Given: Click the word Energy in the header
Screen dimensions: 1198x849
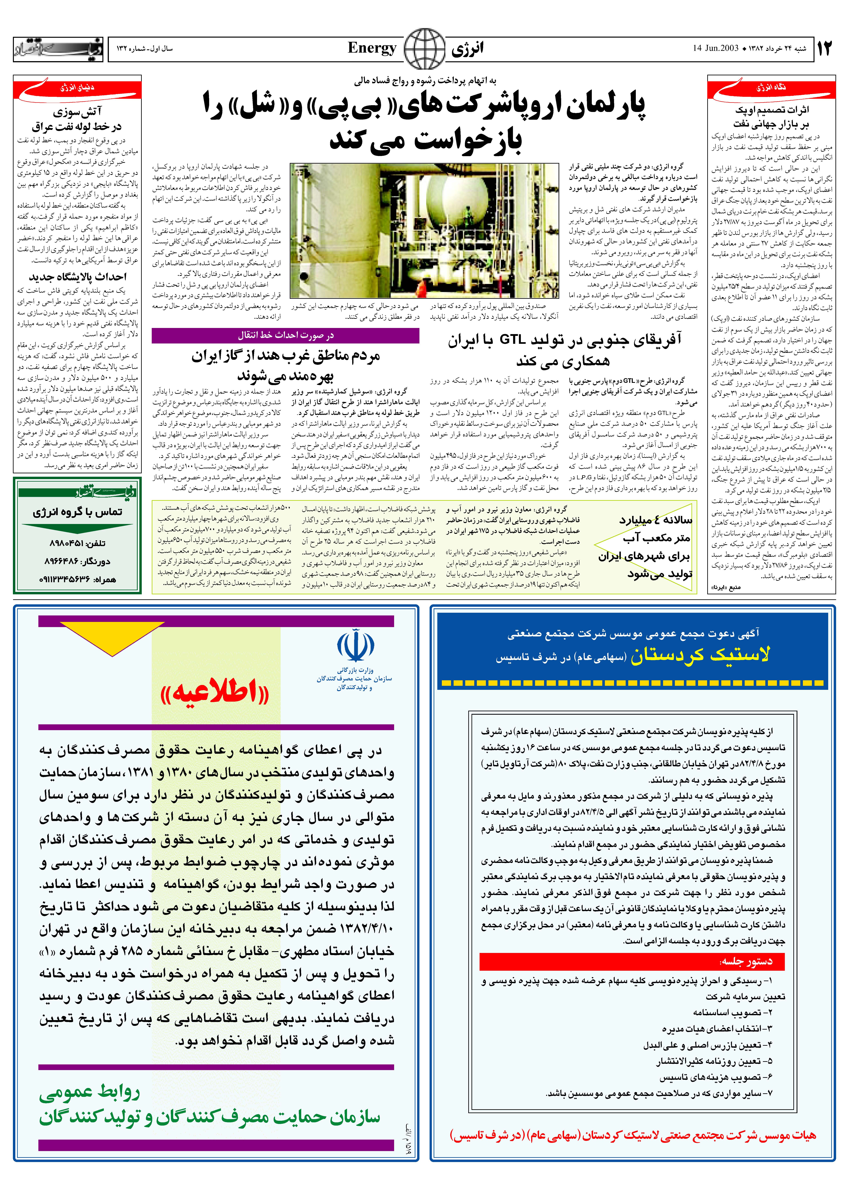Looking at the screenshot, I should coord(372,49).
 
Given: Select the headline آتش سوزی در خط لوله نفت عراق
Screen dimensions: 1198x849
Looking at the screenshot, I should coord(77,119).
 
